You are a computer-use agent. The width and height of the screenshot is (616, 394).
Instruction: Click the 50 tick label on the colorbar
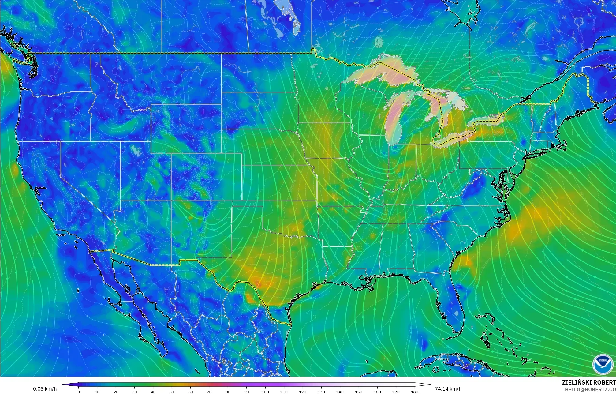tap(172, 392)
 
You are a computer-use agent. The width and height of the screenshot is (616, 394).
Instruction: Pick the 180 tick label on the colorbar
tap(415, 392)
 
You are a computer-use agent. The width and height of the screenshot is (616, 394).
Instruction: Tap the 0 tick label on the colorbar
tap(79, 392)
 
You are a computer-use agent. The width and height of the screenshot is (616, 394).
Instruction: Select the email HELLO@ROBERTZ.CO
tap(590, 389)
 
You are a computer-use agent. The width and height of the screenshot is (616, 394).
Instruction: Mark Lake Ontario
tap(488, 118)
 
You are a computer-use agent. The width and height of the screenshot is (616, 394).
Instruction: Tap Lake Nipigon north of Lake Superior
tap(378, 41)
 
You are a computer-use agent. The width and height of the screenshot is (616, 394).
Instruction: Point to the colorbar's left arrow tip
tap(63, 385)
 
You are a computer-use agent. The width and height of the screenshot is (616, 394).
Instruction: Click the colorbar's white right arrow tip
tap(430, 385)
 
